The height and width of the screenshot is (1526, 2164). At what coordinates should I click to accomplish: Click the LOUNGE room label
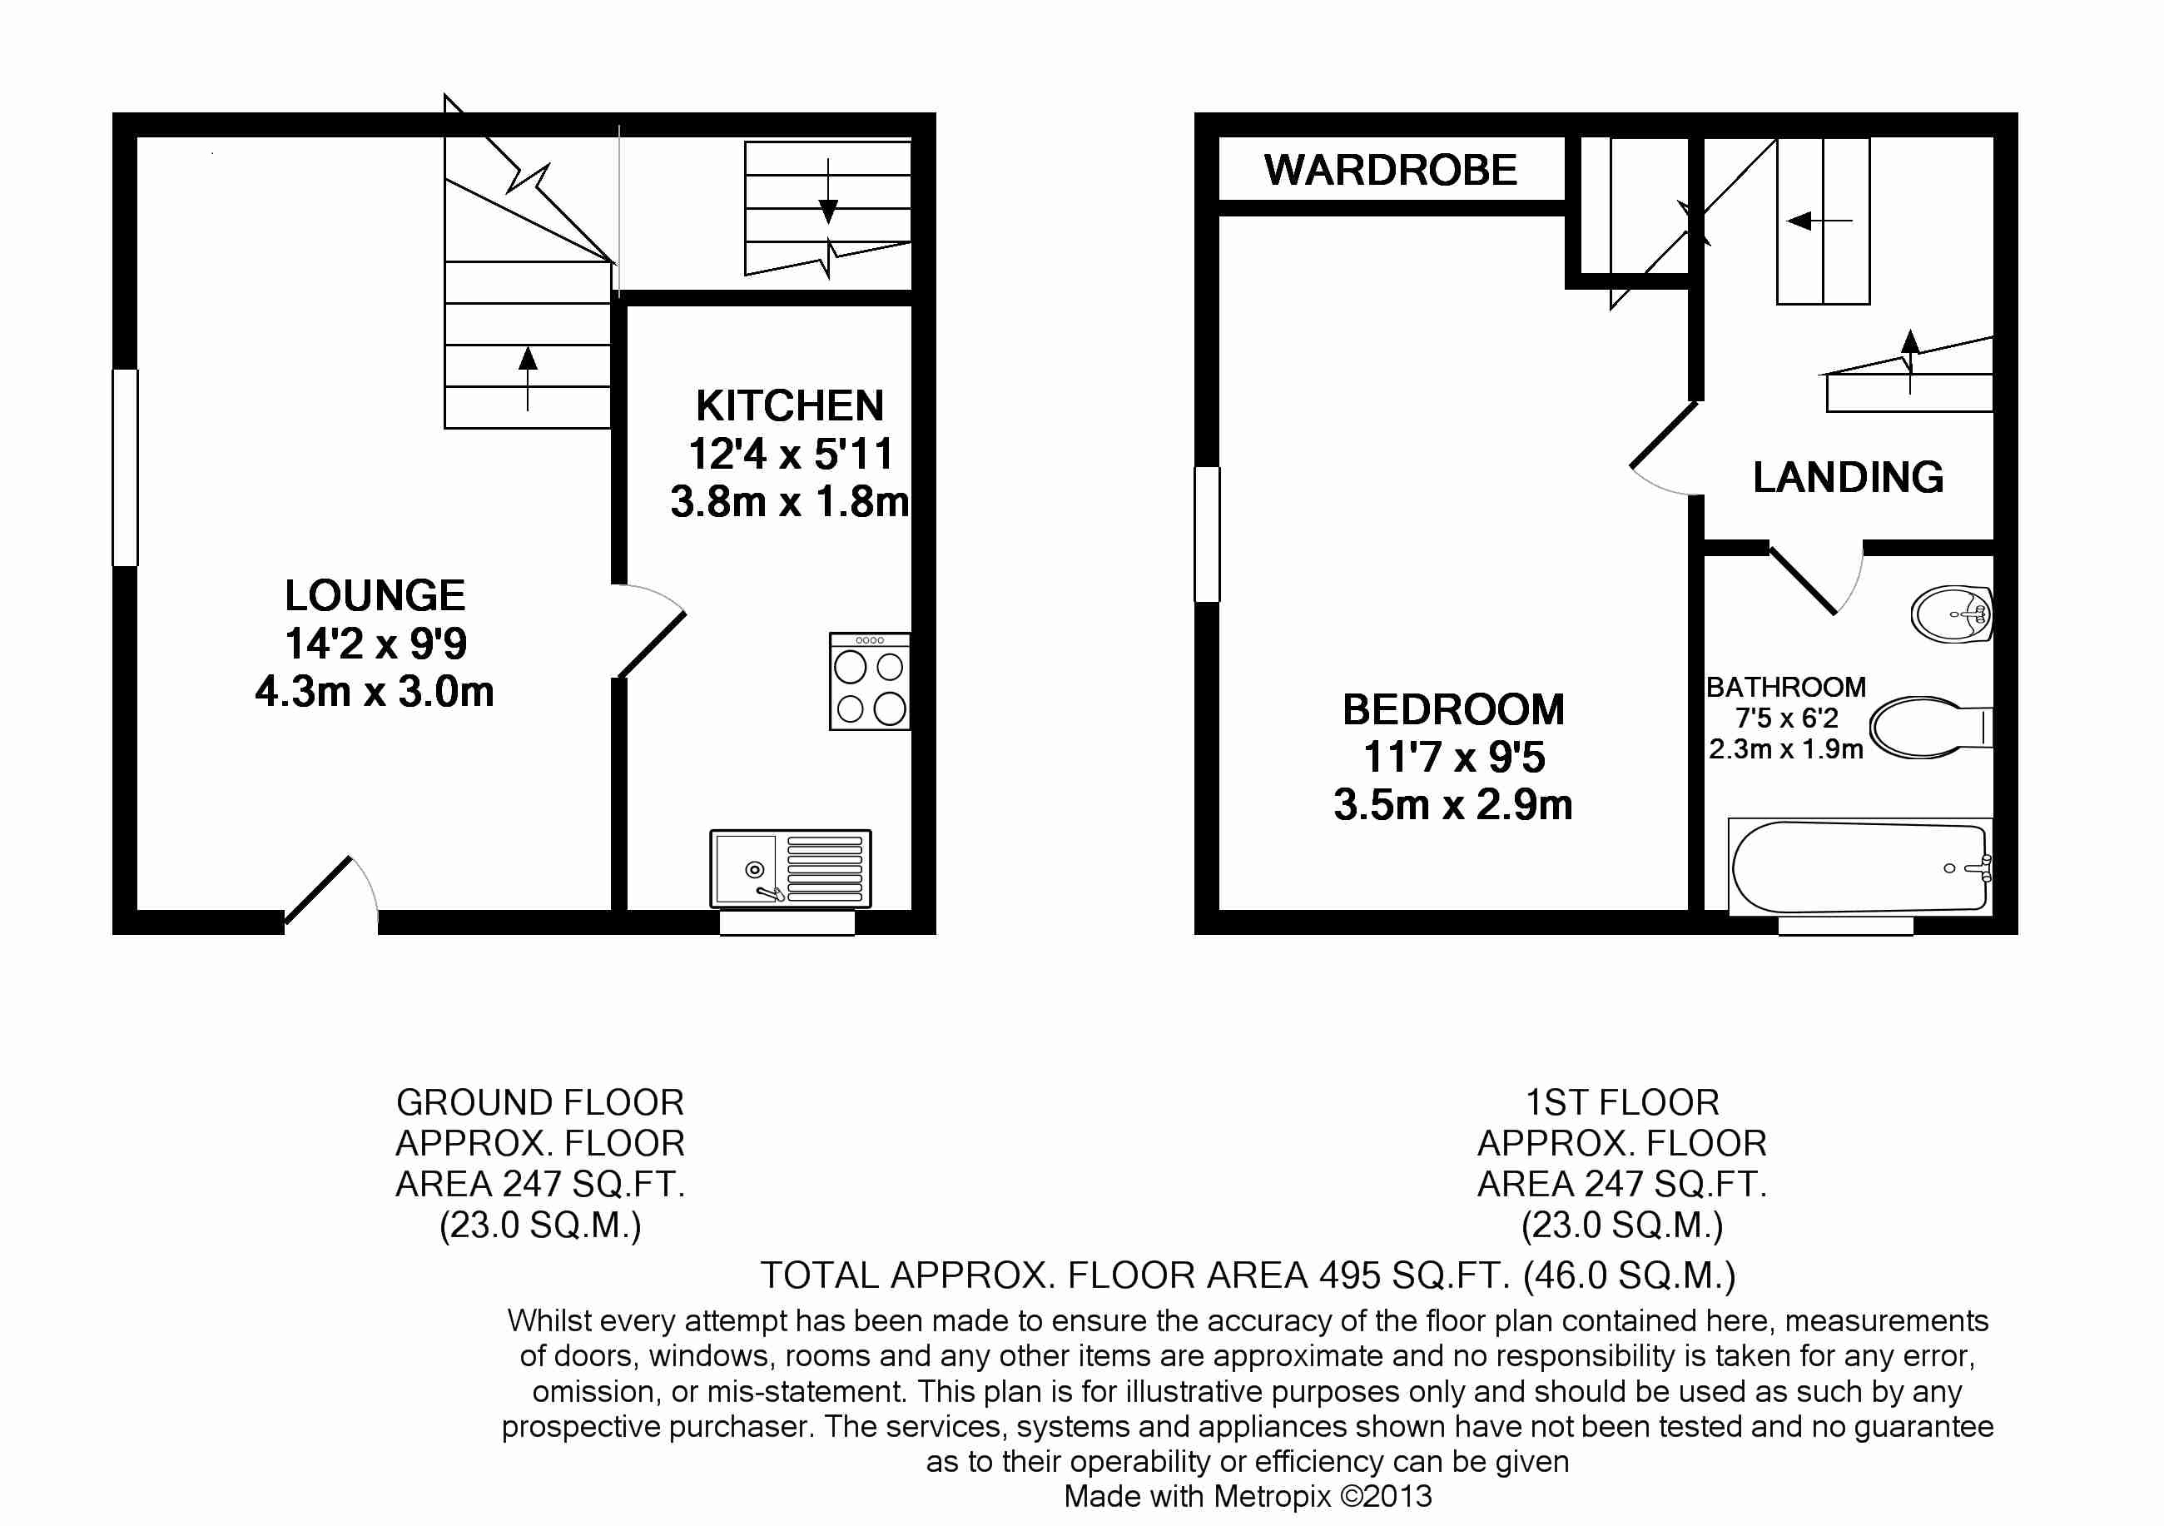(375, 597)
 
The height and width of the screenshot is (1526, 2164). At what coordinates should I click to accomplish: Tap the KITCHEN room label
(790, 406)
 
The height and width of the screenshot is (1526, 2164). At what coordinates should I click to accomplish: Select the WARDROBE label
(1390, 171)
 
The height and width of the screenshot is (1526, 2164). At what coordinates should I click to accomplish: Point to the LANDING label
(1848, 477)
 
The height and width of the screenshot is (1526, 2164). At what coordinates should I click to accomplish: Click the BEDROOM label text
(1452, 710)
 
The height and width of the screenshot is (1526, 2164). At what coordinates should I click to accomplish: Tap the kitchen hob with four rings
(869, 682)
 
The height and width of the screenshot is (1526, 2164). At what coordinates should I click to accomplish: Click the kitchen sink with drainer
(790, 868)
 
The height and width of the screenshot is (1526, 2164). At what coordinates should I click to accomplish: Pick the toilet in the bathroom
(1928, 728)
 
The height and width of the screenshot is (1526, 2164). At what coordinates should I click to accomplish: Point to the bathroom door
(1802, 579)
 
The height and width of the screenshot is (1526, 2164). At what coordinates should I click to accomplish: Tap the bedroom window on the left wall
(1206, 534)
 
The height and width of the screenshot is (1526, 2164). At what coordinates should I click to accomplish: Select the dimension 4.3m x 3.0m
(375, 693)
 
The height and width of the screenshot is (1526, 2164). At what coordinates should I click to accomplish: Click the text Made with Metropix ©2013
(1247, 1496)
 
